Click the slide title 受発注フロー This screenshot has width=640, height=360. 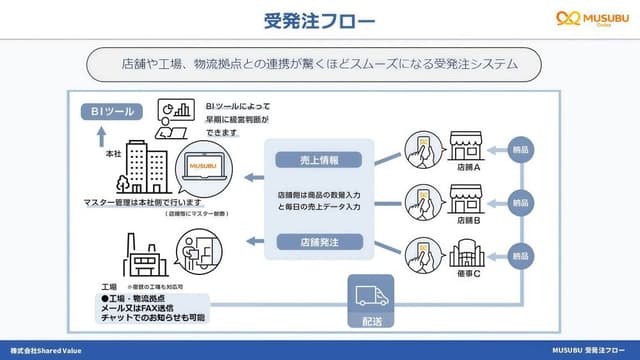(x=320, y=19)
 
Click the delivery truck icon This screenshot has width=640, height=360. (x=366, y=296)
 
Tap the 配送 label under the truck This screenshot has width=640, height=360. (x=366, y=320)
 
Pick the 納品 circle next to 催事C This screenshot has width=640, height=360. (x=520, y=255)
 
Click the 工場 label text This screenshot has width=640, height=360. (x=94, y=286)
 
